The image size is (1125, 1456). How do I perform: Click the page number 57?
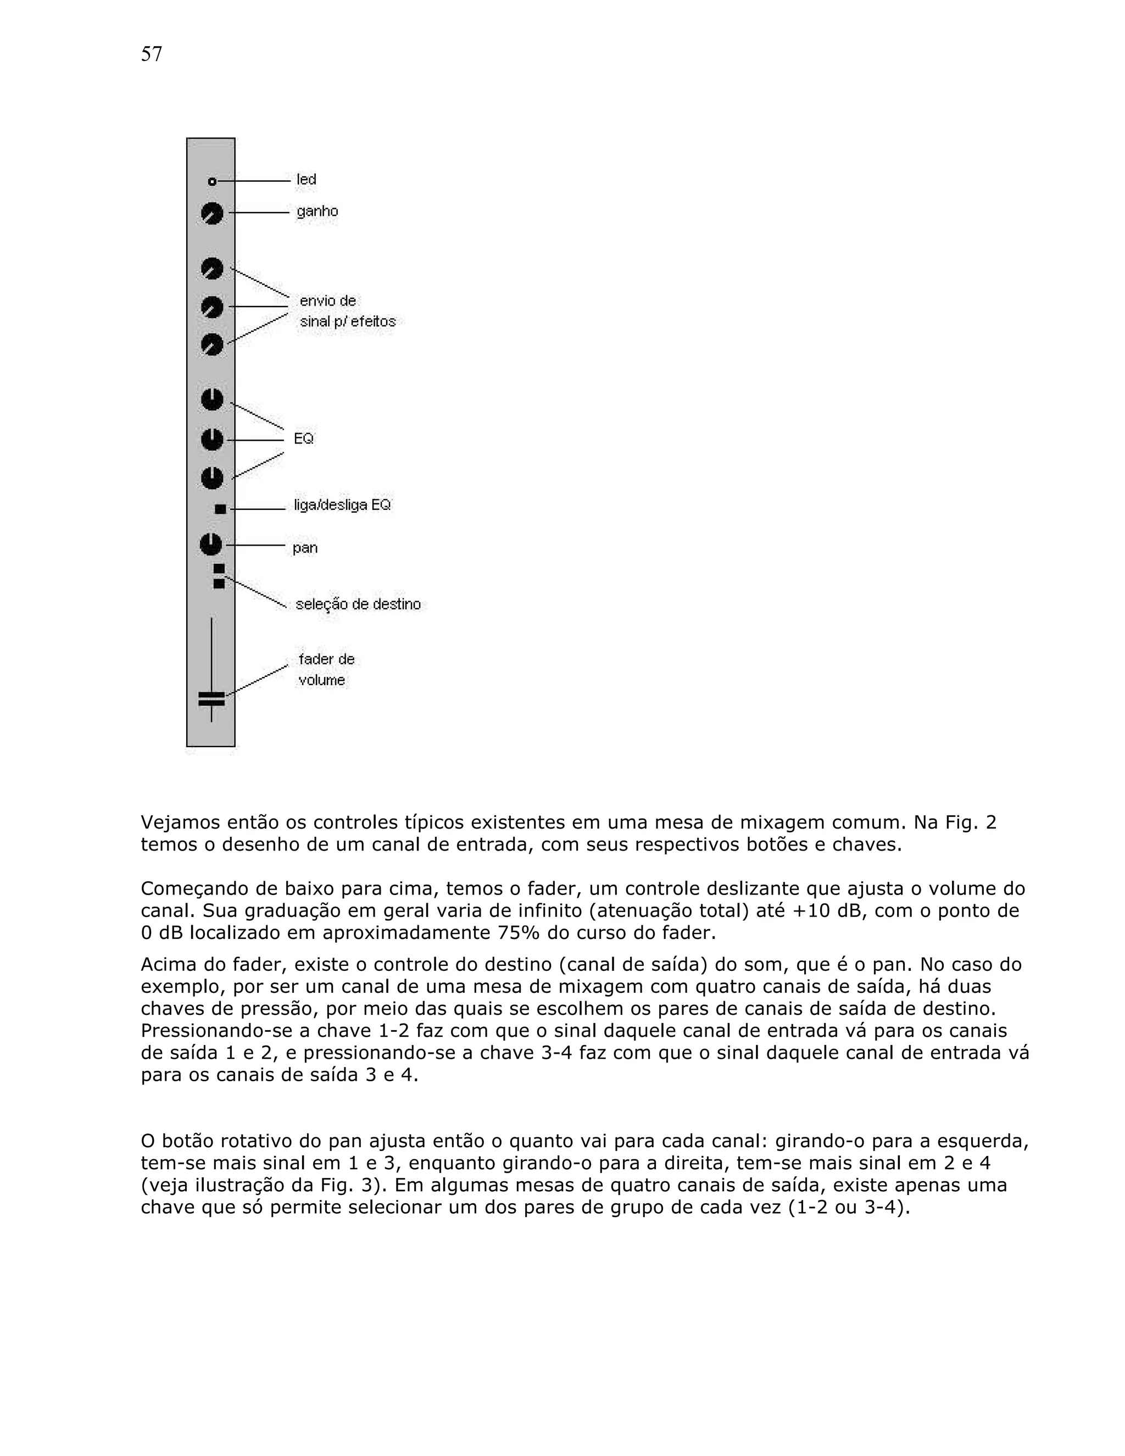(x=151, y=54)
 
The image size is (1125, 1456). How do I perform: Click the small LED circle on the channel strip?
(x=212, y=181)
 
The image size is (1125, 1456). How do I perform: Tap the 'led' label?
(x=307, y=179)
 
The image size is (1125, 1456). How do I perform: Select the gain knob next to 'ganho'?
(x=212, y=213)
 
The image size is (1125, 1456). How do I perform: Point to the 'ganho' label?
(x=318, y=212)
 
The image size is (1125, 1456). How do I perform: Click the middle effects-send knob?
(x=212, y=307)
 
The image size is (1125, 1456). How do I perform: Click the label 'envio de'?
(x=328, y=301)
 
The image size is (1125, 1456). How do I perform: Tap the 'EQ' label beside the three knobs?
(x=303, y=438)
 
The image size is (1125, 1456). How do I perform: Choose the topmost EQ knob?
(x=212, y=400)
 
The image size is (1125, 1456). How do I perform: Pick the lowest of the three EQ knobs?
(x=212, y=478)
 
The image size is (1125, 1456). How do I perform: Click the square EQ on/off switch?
(x=220, y=509)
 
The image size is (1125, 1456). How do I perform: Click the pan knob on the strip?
(x=210, y=544)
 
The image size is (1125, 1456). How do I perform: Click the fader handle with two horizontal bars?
(x=211, y=698)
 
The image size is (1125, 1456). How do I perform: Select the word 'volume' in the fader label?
(x=322, y=680)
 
